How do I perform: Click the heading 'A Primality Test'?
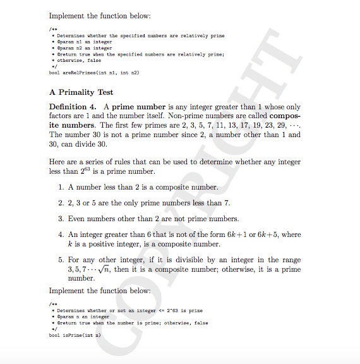coord(81,92)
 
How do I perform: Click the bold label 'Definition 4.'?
coord(72,107)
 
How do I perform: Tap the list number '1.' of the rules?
coord(61,187)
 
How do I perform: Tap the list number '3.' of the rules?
coord(61,219)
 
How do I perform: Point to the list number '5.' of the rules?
coord(61,260)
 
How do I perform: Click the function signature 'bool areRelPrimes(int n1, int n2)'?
coord(93,73)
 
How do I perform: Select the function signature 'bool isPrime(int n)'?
coord(75,335)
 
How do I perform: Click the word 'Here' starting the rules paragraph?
coord(57,162)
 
